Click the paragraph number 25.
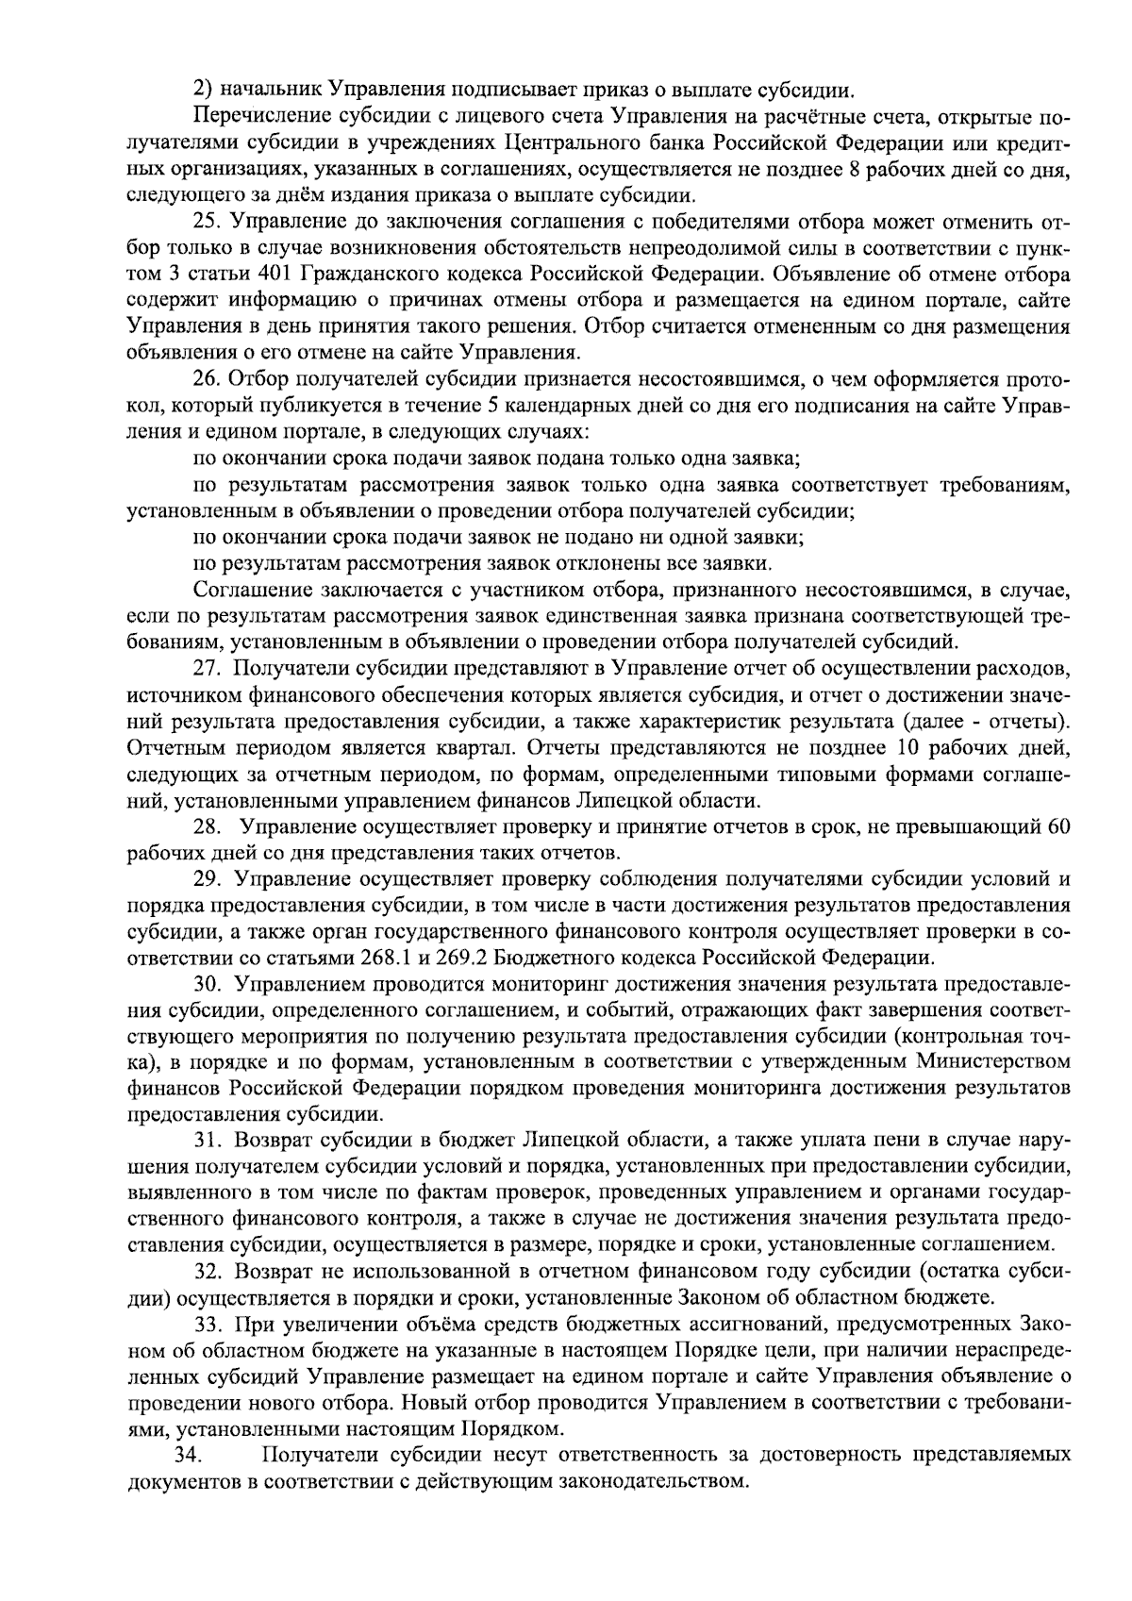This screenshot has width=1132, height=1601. (208, 224)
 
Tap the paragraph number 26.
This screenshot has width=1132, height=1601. (208, 380)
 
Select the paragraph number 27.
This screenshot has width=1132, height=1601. (208, 670)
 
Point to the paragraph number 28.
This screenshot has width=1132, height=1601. (208, 827)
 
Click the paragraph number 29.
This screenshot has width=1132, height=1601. (208, 880)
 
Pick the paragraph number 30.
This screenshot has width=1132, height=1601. (208, 985)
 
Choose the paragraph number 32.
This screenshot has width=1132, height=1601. (208, 1270)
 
